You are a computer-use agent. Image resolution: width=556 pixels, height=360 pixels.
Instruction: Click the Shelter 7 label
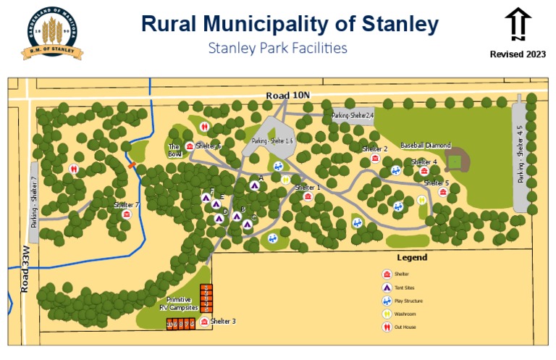coord(126,205)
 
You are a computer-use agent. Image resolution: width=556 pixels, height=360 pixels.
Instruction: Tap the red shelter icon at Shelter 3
coord(205,322)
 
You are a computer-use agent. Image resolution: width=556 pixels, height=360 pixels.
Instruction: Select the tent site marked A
coord(254,185)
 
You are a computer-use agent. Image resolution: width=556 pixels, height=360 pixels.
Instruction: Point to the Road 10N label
coord(287,96)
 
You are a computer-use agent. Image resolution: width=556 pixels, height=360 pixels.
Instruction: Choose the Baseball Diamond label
coord(425,146)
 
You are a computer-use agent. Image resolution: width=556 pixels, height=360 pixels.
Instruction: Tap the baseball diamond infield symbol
coord(455,160)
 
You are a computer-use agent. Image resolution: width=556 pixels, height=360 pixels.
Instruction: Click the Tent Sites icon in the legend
coord(387,288)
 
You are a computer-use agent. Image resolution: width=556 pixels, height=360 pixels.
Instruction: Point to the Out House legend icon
coord(387,327)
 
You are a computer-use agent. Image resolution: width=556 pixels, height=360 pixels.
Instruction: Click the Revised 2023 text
coord(518,54)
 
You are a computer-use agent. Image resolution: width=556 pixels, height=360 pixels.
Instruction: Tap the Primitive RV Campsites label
coord(178,304)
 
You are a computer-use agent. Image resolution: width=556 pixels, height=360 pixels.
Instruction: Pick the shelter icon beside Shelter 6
coord(190,146)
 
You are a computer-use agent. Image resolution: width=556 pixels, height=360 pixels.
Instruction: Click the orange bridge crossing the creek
coord(132,165)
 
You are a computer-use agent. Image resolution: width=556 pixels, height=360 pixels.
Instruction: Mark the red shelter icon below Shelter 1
coord(308,196)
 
